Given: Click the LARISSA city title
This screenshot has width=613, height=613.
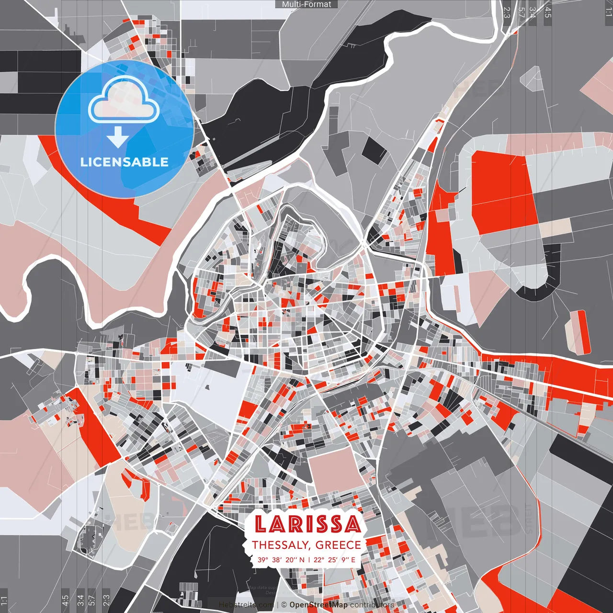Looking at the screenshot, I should tap(307, 524).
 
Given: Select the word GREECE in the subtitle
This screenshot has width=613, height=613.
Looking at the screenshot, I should tap(338, 545).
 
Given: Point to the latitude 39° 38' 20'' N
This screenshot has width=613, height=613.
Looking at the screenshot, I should tap(281, 559).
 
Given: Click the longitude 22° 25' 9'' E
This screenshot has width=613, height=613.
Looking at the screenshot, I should tap(335, 559).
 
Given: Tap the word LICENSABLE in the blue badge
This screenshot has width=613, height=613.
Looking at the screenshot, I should tap(125, 162).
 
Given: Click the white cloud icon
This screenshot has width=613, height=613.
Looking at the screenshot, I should tap(124, 101).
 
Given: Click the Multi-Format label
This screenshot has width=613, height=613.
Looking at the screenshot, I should tap(306, 4).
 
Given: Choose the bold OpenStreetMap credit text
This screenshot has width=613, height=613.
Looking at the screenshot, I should tap(318, 605).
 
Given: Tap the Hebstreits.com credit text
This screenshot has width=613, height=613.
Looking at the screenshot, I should tap(246, 605).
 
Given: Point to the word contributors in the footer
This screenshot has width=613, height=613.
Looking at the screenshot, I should tap(372, 605).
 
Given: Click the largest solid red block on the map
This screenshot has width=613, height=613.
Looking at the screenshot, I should tap(500, 192).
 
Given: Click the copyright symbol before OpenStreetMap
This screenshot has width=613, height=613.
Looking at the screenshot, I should tap(284, 605).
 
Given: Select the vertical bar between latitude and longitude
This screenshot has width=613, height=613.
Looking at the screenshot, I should tap(309, 559).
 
